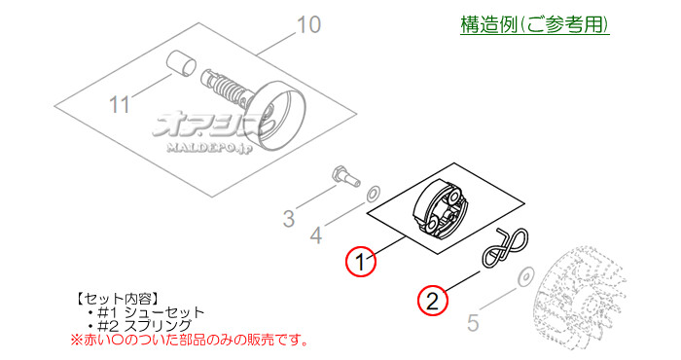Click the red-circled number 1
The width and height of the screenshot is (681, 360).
pos(360,262)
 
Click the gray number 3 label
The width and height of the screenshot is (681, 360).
pos(288,218)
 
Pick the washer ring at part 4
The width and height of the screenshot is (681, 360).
pos(374,196)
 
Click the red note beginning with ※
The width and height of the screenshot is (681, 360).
pos(190,341)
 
